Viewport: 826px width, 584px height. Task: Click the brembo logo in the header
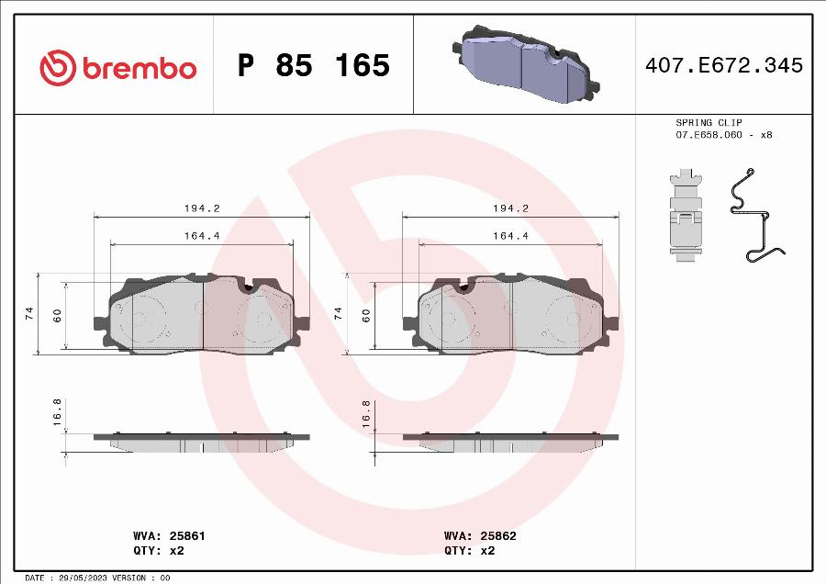pyautogui.click(x=117, y=66)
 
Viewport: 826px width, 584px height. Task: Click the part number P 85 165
pyautogui.click(x=314, y=66)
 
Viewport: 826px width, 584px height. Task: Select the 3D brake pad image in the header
pyautogui.click(x=524, y=66)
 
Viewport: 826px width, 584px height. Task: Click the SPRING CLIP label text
pyautogui.click(x=709, y=122)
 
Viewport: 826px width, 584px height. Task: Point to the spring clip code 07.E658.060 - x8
pyautogui.click(x=723, y=135)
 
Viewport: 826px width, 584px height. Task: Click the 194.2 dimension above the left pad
pyautogui.click(x=202, y=208)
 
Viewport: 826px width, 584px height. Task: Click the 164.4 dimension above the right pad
pyautogui.click(x=510, y=236)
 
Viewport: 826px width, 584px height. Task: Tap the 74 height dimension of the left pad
pyautogui.click(x=29, y=313)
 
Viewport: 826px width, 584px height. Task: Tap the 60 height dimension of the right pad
pyautogui.click(x=366, y=315)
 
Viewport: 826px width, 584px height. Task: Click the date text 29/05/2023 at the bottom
pyautogui.click(x=79, y=578)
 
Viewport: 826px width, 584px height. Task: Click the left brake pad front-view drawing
pyautogui.click(x=202, y=314)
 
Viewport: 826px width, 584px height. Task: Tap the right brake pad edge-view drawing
pyautogui.click(x=510, y=442)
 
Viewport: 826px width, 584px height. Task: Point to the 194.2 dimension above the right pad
pyautogui.click(x=510, y=208)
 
